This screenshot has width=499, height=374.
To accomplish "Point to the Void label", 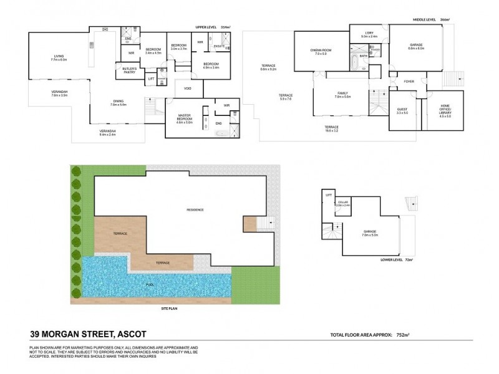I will coord(188,88).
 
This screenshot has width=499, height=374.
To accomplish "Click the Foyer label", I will coord(409,81).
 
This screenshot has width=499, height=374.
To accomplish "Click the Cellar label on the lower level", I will coord(343,203).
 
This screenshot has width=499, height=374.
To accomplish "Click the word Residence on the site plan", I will coord(195,209).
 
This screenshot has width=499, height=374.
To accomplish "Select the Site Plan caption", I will coord(170,309).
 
